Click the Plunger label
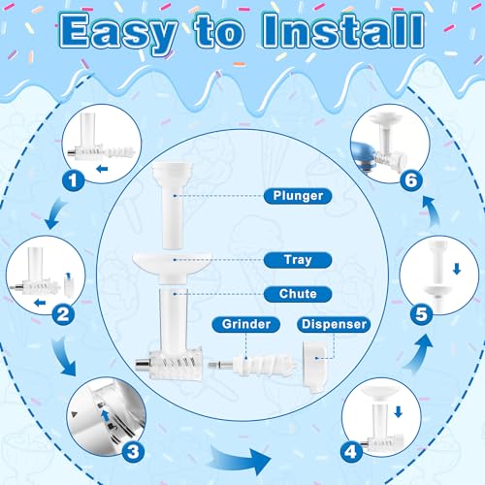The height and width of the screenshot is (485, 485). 298,196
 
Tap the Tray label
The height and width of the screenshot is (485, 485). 298,260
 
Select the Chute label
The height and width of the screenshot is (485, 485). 298,294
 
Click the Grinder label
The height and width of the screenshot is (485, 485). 246,324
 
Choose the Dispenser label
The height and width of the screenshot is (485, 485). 334,324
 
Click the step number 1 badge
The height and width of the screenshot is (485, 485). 74,180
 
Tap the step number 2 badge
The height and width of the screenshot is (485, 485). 63,314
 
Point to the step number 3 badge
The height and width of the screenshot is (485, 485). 133,451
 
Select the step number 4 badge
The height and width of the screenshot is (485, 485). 351,451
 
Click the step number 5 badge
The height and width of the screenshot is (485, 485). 421,314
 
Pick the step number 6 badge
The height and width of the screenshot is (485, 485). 411,180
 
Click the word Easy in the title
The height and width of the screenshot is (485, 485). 118,32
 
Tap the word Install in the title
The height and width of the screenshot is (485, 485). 343,30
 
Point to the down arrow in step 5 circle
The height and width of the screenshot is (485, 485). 457,269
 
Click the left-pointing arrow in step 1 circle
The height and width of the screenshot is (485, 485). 102,169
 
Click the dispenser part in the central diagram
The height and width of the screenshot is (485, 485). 313,367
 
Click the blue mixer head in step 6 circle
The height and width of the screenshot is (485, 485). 363,153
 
